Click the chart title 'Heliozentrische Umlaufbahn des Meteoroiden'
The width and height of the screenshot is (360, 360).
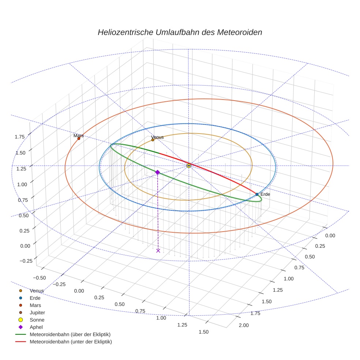coord(180,32)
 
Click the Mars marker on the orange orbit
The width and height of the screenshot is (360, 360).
coord(79,138)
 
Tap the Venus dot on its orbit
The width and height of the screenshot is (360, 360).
coord(153,140)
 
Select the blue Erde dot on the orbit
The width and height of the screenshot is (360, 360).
coord(257,194)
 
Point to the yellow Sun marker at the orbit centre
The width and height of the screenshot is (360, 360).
coord(188,166)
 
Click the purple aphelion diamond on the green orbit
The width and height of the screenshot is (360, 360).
coord(157,172)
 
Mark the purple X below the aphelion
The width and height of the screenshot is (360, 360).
coord(158,251)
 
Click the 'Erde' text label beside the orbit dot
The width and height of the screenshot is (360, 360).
coord(265,194)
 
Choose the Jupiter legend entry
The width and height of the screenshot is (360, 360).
coord(37,312)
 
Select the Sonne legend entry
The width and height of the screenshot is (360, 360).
coord(36,320)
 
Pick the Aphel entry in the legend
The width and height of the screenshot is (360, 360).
coord(36,327)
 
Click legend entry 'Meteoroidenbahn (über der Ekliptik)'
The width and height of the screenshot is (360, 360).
coord(70,334)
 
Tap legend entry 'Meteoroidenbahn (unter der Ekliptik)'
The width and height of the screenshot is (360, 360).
coord(71,342)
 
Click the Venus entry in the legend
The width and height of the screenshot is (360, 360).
coord(37,290)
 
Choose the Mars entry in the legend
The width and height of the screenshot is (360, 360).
coord(35,305)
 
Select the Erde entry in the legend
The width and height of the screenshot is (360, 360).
coord(35,298)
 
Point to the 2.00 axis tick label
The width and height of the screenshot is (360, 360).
coord(243,325)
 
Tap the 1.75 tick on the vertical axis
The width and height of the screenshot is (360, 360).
coord(20,136)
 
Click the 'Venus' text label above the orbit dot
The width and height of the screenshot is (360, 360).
coord(157,137)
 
